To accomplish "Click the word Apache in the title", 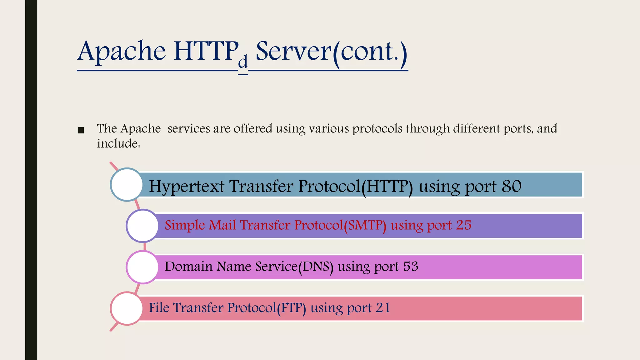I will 122,52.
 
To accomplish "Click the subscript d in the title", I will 243,62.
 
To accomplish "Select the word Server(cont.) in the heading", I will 332,52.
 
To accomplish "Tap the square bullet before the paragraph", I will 81,130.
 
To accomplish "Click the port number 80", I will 512,186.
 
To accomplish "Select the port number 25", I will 463,225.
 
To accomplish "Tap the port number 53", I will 411,267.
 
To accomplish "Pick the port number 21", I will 383,308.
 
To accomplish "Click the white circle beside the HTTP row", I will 127,185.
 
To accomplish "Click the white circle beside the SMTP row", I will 143,226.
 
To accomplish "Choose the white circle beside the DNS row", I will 143,267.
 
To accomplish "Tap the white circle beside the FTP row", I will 127,308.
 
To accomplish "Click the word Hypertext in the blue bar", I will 187,187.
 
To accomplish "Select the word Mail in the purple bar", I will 222,225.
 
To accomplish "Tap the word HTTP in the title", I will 206,52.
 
